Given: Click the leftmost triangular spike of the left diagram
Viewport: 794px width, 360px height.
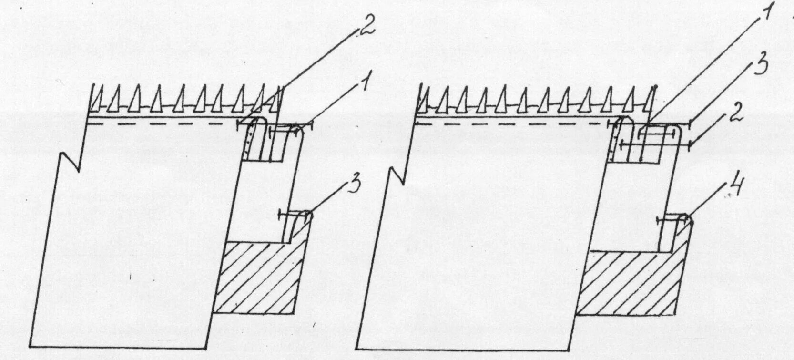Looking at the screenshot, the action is pyautogui.click(x=98, y=99).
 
